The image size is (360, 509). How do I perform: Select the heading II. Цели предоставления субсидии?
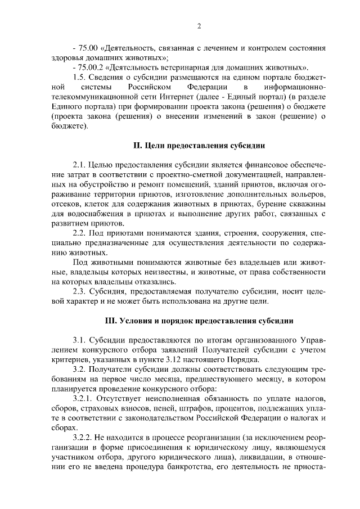click(199, 146)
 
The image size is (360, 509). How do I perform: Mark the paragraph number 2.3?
click(80, 292)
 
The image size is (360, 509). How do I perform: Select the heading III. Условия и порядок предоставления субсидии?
click(199, 321)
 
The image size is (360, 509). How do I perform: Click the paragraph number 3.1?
click(80, 341)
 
